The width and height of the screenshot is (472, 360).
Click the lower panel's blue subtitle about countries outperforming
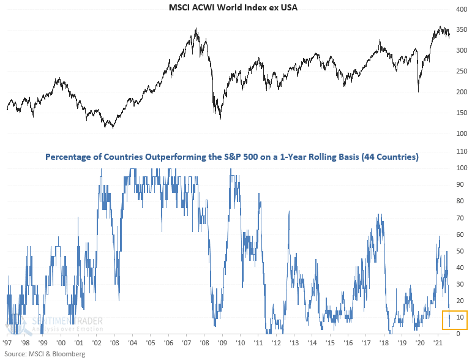point(231,157)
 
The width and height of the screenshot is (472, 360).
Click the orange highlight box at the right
point(455,320)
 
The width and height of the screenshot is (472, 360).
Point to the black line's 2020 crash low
point(419,92)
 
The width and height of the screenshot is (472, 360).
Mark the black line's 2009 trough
point(220,119)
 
